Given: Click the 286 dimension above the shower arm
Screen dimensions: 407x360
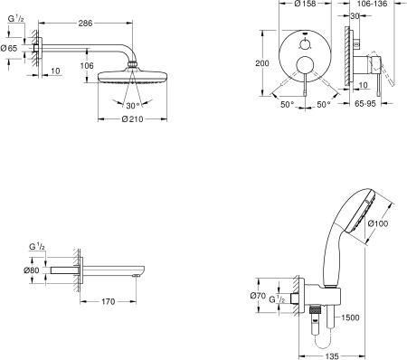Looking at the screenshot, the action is (85, 24).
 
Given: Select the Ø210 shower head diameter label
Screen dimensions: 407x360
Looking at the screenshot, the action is (133, 119).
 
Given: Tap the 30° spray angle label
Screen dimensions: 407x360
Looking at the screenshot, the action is (133, 106).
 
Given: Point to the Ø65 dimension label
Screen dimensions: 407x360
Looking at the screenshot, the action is (9, 48).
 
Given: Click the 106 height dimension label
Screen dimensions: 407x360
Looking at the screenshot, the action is (87, 65).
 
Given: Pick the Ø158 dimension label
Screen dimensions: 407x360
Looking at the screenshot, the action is (305, 4).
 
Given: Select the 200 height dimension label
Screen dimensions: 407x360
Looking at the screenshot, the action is (262, 63).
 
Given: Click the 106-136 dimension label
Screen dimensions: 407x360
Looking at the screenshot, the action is (372, 4).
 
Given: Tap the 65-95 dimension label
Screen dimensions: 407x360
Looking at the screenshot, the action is (365, 103).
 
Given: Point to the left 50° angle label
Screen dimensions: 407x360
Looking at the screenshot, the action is (288, 105).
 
